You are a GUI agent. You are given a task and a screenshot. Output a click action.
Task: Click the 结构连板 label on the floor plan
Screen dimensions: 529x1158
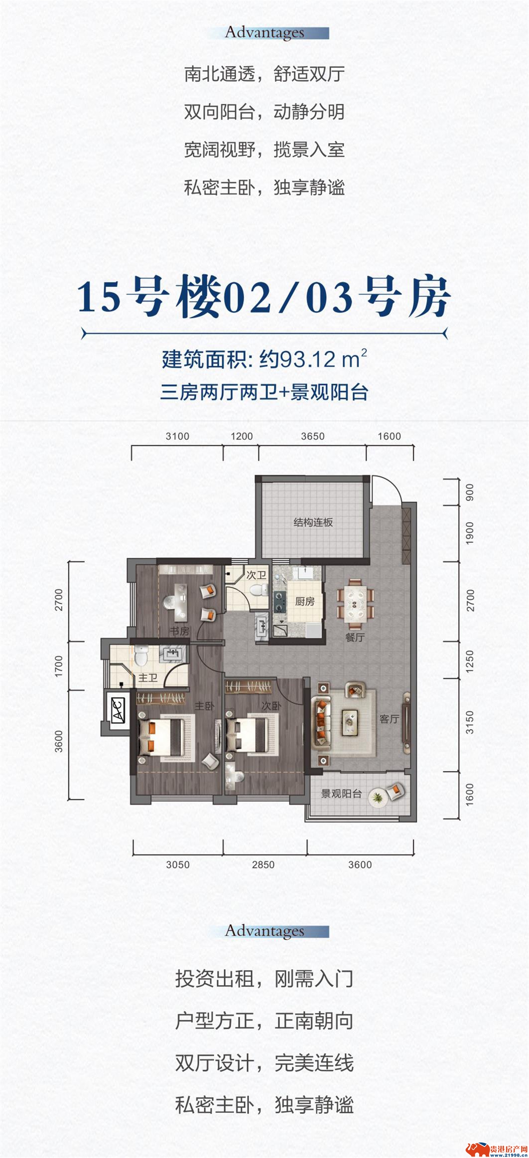pyautogui.click(x=313, y=522)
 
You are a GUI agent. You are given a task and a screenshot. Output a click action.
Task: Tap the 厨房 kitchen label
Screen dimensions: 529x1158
pyautogui.click(x=304, y=601)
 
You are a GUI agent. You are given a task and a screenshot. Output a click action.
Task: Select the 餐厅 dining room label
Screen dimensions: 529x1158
pyautogui.click(x=355, y=637)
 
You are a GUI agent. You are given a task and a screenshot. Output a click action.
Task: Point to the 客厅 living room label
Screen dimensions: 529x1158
pyautogui.click(x=389, y=719)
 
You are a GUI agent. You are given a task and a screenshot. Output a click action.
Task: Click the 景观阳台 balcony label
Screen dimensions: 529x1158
pyautogui.click(x=341, y=793)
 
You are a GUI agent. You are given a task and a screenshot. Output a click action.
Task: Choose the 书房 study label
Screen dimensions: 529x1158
pyautogui.click(x=180, y=631)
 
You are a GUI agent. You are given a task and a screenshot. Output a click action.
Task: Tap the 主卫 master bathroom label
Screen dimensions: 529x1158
pyautogui.click(x=148, y=678)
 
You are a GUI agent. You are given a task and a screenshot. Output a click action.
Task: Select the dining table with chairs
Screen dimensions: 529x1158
pyautogui.click(x=355, y=603)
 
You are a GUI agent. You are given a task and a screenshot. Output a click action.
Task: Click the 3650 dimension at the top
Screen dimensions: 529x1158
pyautogui.click(x=313, y=436)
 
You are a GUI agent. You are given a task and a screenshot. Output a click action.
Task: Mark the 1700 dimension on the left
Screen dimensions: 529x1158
pyautogui.click(x=59, y=666)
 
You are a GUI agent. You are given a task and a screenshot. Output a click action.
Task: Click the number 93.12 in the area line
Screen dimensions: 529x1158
pyautogui.click(x=308, y=359)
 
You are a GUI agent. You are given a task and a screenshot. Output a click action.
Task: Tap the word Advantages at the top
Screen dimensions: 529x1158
pyautogui.click(x=264, y=32)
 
